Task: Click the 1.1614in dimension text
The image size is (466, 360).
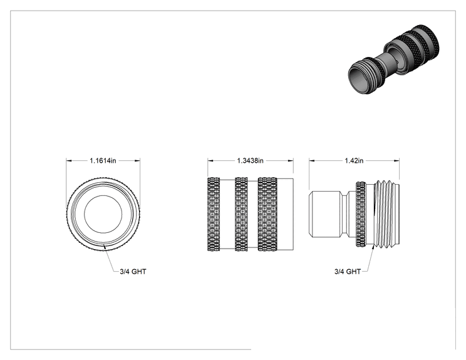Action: coord(103,161)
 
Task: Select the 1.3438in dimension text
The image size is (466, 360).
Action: coord(251,161)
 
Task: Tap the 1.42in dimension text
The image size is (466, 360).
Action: coord(354,161)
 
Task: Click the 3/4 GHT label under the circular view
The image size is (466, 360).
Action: coord(133,272)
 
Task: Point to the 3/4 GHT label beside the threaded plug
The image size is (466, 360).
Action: coord(348,272)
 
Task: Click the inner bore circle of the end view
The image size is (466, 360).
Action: coord(103,196)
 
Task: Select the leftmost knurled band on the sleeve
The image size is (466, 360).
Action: coord(214,214)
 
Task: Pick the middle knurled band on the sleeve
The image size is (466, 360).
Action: coord(241,214)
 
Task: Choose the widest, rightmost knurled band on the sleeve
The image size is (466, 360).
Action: coord(268,214)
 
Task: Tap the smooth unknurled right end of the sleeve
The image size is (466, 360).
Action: coord(286,214)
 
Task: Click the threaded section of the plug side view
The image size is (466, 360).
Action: coord(386,214)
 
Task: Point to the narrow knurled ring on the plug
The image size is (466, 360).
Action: coord(361,214)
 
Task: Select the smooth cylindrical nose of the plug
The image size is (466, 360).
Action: coord(326,214)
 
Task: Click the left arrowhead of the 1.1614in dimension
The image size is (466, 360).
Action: coord(69,161)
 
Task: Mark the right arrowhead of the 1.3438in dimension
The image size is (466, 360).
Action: coord(291,161)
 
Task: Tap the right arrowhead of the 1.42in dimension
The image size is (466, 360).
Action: coord(396,161)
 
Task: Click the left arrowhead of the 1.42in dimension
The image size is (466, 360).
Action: coord(312,161)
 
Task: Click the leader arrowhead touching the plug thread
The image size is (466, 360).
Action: coord(373,249)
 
